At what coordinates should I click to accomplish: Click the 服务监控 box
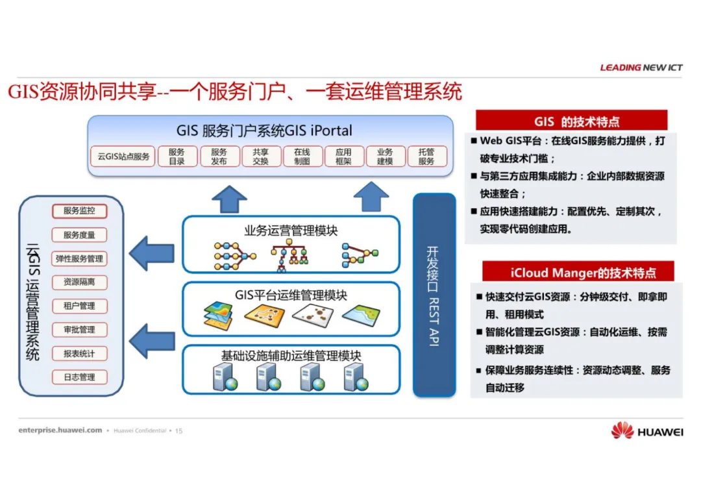(x=79, y=211)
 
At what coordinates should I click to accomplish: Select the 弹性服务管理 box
(x=79, y=258)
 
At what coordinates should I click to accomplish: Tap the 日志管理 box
(x=79, y=377)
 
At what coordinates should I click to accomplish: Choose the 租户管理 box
(x=79, y=306)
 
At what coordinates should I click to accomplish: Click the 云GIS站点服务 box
(x=123, y=156)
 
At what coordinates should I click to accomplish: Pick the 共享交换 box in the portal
(x=260, y=156)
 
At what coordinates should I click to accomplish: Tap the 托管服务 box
(x=426, y=156)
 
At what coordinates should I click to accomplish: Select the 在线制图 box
(x=302, y=156)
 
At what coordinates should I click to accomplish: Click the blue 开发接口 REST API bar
(x=433, y=295)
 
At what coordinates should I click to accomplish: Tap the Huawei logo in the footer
(x=646, y=431)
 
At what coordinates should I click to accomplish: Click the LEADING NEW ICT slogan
(x=641, y=68)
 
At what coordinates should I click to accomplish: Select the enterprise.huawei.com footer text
(x=60, y=430)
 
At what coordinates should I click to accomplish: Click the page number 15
(x=179, y=430)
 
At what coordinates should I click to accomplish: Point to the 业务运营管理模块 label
(x=291, y=230)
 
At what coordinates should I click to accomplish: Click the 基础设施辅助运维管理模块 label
(x=291, y=355)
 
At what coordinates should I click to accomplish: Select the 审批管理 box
(x=79, y=330)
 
